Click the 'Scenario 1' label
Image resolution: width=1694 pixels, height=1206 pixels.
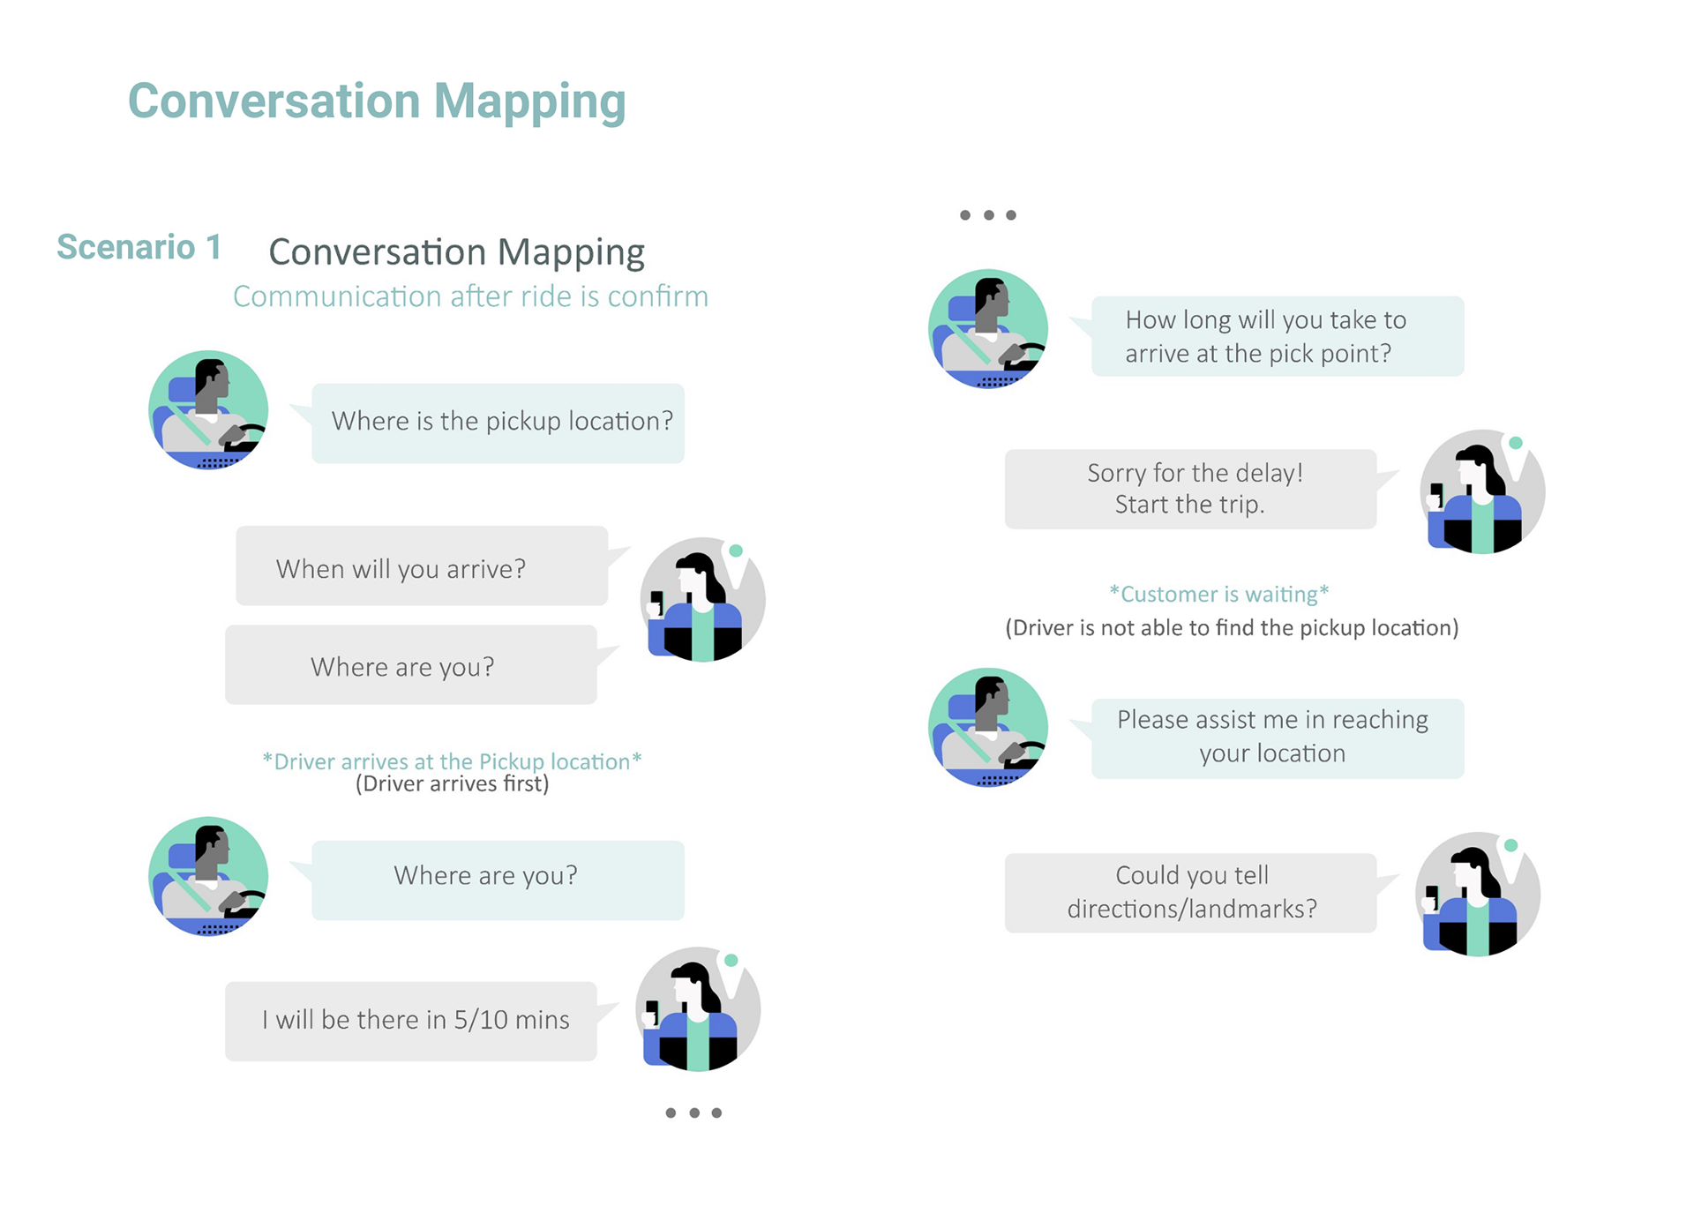(139, 247)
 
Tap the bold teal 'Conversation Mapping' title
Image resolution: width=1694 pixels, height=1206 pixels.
(377, 101)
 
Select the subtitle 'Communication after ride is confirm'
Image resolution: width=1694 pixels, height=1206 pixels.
(470, 296)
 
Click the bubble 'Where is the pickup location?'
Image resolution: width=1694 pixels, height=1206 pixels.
(498, 423)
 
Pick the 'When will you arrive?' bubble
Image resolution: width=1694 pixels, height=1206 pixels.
(421, 566)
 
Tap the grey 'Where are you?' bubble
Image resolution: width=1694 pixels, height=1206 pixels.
(410, 665)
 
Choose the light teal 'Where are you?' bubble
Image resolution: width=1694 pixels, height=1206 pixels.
(498, 880)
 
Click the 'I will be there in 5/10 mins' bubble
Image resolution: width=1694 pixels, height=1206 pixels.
(410, 1021)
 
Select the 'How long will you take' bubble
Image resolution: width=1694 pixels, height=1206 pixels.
(1277, 336)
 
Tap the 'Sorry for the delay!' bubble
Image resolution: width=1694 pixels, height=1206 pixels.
(1190, 489)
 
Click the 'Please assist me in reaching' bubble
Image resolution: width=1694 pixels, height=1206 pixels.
(1277, 738)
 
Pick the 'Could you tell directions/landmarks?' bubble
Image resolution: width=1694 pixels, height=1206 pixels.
(1190, 892)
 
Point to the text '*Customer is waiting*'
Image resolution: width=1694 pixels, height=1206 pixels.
(1218, 594)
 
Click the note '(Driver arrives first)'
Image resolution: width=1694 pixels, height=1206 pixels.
(452, 784)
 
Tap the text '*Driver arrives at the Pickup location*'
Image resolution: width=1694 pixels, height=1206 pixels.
(452, 760)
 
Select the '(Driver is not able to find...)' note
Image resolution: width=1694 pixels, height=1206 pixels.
(1232, 627)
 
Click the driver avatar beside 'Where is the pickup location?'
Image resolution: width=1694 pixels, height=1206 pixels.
(208, 410)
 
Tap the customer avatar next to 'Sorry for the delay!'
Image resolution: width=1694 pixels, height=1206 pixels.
(1481, 491)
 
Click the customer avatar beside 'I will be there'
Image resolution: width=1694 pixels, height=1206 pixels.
(698, 1008)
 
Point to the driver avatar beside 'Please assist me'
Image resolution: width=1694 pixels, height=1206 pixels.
(988, 727)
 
